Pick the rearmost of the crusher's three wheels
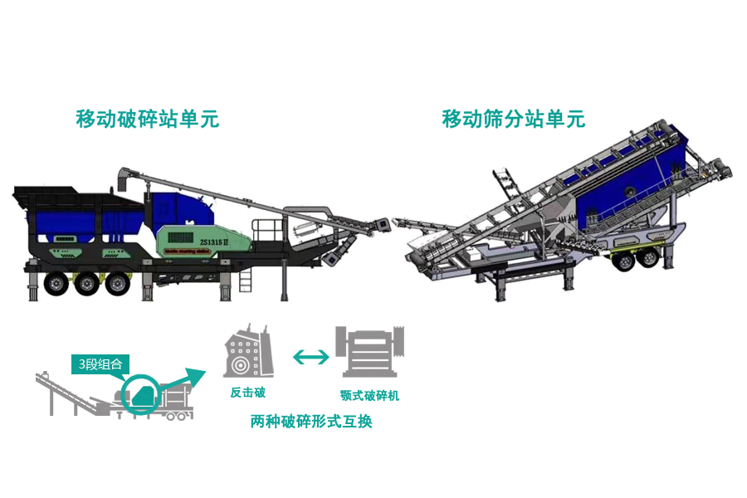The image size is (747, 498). coord(54,283)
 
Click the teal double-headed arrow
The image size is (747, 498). coord(310,356)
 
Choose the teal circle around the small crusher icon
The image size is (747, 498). coord(139,395)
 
